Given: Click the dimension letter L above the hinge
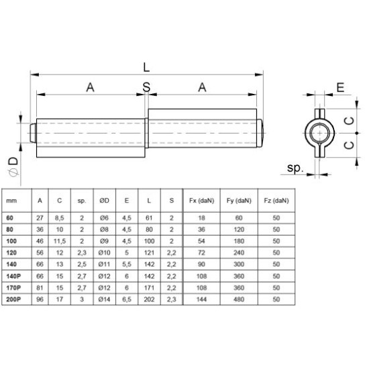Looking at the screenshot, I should point(146,66).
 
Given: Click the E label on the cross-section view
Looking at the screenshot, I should point(340,87).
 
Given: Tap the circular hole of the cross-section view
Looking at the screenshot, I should point(316,129).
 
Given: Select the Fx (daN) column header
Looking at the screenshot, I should point(200,201).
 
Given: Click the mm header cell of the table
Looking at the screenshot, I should point(12,201).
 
